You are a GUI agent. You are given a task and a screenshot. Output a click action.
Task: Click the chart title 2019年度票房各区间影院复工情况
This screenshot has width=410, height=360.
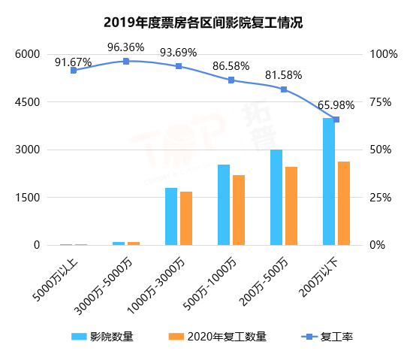(x=205, y=22)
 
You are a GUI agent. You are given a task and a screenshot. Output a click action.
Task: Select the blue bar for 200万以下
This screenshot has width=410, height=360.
(x=328, y=182)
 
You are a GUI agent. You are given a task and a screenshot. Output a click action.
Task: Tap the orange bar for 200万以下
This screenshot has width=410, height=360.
(x=343, y=204)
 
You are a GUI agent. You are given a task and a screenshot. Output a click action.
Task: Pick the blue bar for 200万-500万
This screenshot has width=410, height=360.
(x=276, y=198)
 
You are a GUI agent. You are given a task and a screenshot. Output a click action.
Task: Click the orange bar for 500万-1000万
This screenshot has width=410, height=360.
(x=239, y=210)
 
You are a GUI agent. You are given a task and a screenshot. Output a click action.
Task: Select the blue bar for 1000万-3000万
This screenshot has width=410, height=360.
(x=171, y=216)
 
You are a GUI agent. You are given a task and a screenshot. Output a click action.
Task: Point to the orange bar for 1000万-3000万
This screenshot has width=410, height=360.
(x=186, y=219)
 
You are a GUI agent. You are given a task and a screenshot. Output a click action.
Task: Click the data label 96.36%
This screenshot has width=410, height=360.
(x=125, y=47)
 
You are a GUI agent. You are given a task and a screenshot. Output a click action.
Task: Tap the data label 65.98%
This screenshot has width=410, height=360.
(x=336, y=105)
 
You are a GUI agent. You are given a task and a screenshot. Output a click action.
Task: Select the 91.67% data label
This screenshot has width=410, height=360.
(x=74, y=56)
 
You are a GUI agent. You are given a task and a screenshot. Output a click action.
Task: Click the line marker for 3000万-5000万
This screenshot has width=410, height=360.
(x=126, y=61)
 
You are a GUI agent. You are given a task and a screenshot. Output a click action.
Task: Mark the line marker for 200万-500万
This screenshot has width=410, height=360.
(x=284, y=89)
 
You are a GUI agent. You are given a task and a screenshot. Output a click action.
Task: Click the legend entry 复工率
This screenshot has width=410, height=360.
(x=327, y=337)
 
